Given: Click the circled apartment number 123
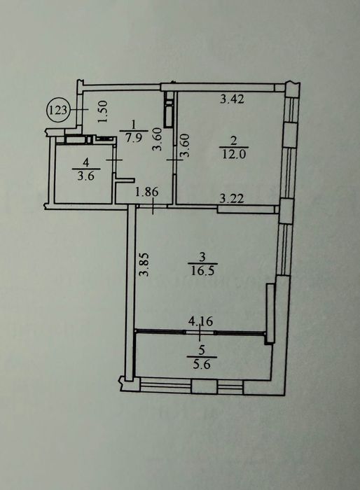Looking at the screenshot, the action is coord(59,110).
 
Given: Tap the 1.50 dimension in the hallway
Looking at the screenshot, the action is coord(103,111).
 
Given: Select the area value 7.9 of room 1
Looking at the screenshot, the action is coord(133,137).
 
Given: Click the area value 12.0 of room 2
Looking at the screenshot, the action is coord(234,154).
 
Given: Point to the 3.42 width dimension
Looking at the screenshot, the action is coord(232,99).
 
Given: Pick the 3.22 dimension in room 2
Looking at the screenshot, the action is coord(231,199).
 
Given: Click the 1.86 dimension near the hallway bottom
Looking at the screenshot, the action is coord(146,192).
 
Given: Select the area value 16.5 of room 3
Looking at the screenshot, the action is coord(202,270).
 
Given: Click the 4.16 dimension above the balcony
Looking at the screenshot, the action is coord(200,321).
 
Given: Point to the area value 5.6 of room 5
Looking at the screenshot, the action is coord(202,365).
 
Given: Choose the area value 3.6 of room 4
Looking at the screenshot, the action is coord(85,176).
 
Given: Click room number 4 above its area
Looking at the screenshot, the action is coord(86,162).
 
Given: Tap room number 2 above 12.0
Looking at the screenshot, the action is coord(234,141).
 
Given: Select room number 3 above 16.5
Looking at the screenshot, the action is coord(202,257).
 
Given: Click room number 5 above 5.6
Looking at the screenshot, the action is coord(202,350).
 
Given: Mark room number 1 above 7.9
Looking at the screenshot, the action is coord(134,125).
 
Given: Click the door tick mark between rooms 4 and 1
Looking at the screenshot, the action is coord(114,160).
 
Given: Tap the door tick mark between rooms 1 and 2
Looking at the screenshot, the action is coord(175,160).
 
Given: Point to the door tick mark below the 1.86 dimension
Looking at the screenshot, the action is coord(153,206).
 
